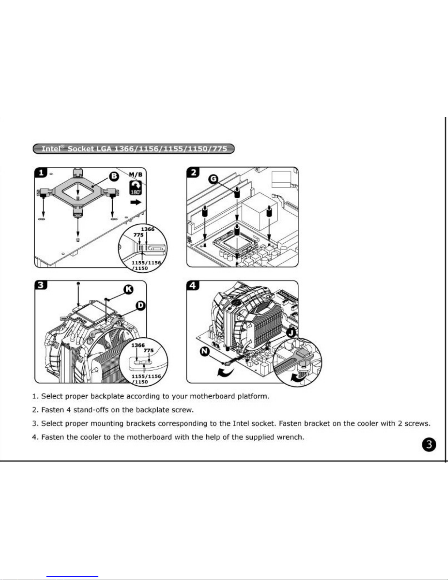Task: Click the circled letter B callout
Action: click(x=114, y=176)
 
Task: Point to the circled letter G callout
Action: click(x=213, y=179)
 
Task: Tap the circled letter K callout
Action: click(x=128, y=290)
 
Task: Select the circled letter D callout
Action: click(x=140, y=305)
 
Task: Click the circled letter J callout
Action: click(x=291, y=333)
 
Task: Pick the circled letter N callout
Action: click(x=205, y=351)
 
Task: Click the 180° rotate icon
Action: click(x=135, y=188)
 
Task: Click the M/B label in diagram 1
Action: click(x=136, y=175)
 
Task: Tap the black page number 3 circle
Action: click(x=429, y=445)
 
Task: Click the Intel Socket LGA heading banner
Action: click(x=133, y=149)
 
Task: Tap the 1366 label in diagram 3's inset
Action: click(x=138, y=345)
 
